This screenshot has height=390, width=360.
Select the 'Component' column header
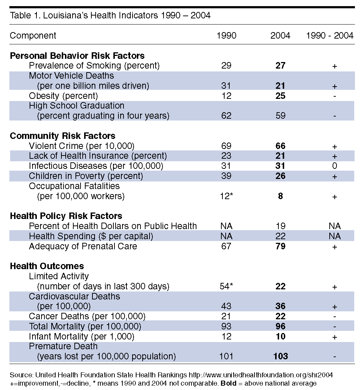click(x=33, y=36)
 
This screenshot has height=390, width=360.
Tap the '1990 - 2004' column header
click(x=330, y=36)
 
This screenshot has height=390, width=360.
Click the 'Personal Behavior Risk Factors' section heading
click(x=77, y=56)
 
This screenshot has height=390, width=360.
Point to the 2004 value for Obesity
click(x=280, y=96)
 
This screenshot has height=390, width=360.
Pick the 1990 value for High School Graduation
click(x=226, y=116)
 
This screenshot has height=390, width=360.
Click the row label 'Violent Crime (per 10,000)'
click(x=81, y=146)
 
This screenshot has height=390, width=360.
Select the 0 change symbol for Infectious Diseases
click(x=335, y=166)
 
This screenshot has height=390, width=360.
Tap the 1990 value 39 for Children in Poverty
click(x=226, y=176)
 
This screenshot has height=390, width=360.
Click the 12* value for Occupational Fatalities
click(x=226, y=196)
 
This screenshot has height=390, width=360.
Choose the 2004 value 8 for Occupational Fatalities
click(x=280, y=196)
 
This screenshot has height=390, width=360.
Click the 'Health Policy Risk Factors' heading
click(x=66, y=216)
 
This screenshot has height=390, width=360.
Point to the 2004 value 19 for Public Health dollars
click(x=281, y=226)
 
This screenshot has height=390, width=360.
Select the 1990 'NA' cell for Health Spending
click(x=226, y=236)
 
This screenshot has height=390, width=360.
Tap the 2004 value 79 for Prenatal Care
click(x=280, y=246)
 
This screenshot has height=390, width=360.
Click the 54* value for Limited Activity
click(x=226, y=286)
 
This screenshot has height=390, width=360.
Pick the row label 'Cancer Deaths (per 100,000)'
click(x=87, y=316)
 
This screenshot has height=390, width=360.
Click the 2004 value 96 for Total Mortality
click(x=280, y=327)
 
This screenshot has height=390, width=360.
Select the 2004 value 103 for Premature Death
click(x=281, y=356)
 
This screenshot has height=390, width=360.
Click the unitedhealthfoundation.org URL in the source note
click(x=261, y=375)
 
